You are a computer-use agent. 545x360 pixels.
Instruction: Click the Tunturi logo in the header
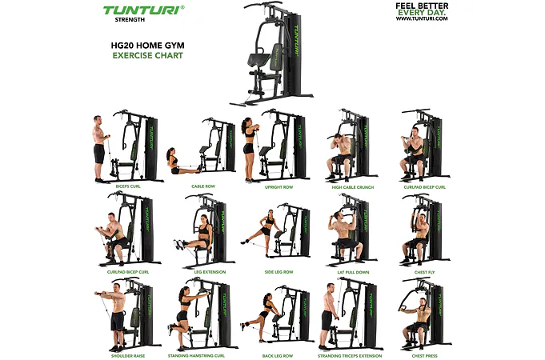point(143,10)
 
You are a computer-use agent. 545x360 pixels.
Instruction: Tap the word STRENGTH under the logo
point(130,20)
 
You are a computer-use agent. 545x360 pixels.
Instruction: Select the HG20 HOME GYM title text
point(148,46)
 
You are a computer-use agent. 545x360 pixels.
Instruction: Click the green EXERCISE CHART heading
point(148,55)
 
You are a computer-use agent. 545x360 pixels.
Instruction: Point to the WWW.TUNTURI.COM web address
point(422,18)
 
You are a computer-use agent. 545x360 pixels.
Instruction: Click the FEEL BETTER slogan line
point(422,6)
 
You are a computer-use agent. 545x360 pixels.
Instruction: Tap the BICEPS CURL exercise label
point(128,186)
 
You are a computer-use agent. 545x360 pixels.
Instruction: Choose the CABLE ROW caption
point(203,186)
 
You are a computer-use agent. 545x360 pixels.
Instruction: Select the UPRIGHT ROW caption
point(279,187)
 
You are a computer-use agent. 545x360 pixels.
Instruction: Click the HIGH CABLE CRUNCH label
point(353,187)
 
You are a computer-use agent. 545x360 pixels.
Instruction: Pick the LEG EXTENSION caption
point(210,272)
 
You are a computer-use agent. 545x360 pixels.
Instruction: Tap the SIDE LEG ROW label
point(279,272)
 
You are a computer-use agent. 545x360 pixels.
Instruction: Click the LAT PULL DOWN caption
point(353,273)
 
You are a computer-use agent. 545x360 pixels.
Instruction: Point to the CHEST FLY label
point(424,273)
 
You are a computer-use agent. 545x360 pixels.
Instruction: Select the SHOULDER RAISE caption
point(128,356)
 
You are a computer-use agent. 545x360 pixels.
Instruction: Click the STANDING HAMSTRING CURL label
point(196,356)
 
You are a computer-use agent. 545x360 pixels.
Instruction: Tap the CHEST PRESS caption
point(424,356)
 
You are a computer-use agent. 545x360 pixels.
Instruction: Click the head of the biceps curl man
point(97,120)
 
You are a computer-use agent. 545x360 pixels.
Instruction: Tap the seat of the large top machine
point(259,60)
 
